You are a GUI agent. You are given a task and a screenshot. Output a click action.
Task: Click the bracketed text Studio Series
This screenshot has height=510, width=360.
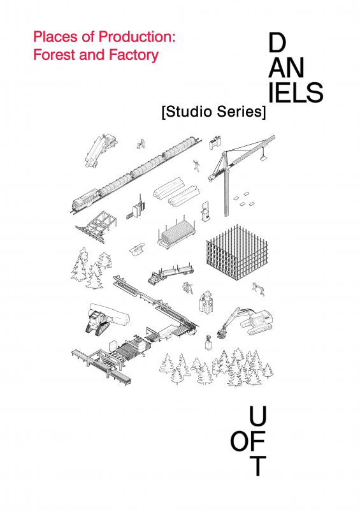[213, 112]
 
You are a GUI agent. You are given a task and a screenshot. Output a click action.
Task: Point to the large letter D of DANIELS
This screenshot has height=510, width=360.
[277, 43]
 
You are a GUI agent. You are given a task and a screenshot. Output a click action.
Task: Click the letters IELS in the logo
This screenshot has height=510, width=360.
[296, 92]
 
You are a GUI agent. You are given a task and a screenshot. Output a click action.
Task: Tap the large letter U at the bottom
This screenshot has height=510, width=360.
[257, 416]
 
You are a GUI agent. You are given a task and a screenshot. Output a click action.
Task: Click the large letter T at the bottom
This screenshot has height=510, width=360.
[257, 466]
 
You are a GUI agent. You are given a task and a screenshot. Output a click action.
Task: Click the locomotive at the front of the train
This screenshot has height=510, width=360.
[85, 199]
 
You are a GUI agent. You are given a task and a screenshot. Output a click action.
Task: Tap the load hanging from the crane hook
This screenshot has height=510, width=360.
[263, 158]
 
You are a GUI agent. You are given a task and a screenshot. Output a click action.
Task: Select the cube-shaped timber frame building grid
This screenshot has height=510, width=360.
[237, 252]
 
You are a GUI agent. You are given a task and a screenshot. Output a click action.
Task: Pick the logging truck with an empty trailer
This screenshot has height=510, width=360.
[171, 273]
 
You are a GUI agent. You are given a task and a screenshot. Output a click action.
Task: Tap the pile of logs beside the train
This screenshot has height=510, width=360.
[176, 193]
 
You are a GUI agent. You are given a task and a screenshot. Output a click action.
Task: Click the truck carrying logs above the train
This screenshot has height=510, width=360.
[101, 150]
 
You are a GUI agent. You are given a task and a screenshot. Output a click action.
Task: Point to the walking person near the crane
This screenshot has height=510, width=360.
[196, 166]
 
